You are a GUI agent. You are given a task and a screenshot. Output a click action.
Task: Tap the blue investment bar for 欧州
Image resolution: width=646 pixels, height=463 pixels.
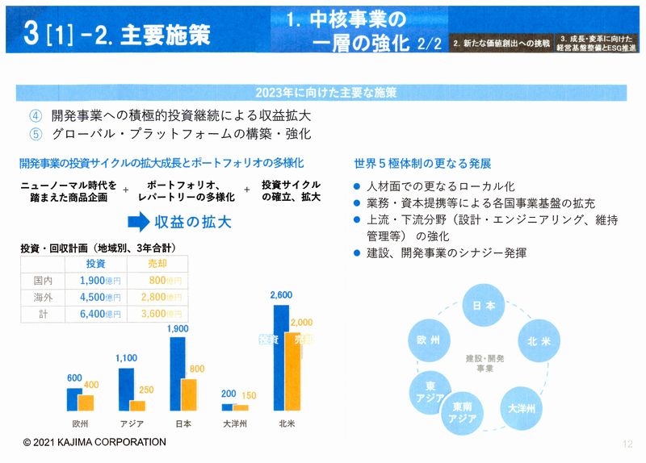[x=73, y=399]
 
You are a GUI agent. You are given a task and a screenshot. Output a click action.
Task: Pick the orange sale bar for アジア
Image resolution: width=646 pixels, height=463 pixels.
[x=137, y=406]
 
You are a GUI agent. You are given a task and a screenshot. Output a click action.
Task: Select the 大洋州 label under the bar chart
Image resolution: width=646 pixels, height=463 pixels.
[x=234, y=423]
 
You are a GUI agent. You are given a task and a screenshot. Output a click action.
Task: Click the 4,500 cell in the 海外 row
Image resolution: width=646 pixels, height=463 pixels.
[x=100, y=296]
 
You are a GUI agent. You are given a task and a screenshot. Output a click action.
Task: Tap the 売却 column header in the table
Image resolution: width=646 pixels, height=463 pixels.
[x=157, y=264]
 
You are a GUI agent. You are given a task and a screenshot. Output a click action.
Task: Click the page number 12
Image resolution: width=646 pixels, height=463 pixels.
[x=627, y=443]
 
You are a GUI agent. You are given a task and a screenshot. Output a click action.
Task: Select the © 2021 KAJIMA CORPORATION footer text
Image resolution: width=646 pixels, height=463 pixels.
[x=94, y=442]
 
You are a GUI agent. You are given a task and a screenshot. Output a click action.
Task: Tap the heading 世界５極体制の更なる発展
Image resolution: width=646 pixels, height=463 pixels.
[x=422, y=162]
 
